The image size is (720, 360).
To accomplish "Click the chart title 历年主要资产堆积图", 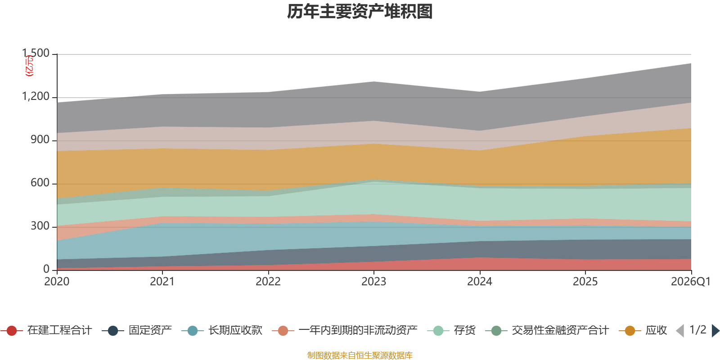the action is tap(360, 12).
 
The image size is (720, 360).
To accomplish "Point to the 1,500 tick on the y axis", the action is tap(36, 53).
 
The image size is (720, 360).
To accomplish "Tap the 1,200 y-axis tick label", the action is tap(36, 96).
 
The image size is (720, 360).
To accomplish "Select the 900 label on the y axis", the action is tap(40, 139).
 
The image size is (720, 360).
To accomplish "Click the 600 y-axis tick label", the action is tap(40, 183).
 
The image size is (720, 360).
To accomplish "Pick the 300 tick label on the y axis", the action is tap(40, 226).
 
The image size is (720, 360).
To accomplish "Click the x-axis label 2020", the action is tap(57, 282).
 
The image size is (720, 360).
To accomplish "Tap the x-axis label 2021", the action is tap(162, 282).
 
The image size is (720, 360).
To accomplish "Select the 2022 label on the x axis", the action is tap(268, 282).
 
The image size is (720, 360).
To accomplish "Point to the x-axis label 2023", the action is tap(374, 282).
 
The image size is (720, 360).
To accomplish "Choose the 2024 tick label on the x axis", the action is tap(480, 282).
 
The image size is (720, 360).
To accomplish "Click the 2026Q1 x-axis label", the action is tap(691, 282).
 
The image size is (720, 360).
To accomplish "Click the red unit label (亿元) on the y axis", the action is tap(29, 66).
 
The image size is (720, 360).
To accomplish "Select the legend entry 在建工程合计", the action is tap(46, 330).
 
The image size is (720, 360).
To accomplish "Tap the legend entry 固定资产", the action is tap(137, 330).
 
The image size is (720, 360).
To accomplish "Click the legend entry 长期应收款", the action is tap(222, 330).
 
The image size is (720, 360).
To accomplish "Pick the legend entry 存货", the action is tap(451, 330).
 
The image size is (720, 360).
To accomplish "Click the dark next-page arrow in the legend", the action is tap(715, 330).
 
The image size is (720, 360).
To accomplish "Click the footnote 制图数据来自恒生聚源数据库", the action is tap(360, 355).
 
